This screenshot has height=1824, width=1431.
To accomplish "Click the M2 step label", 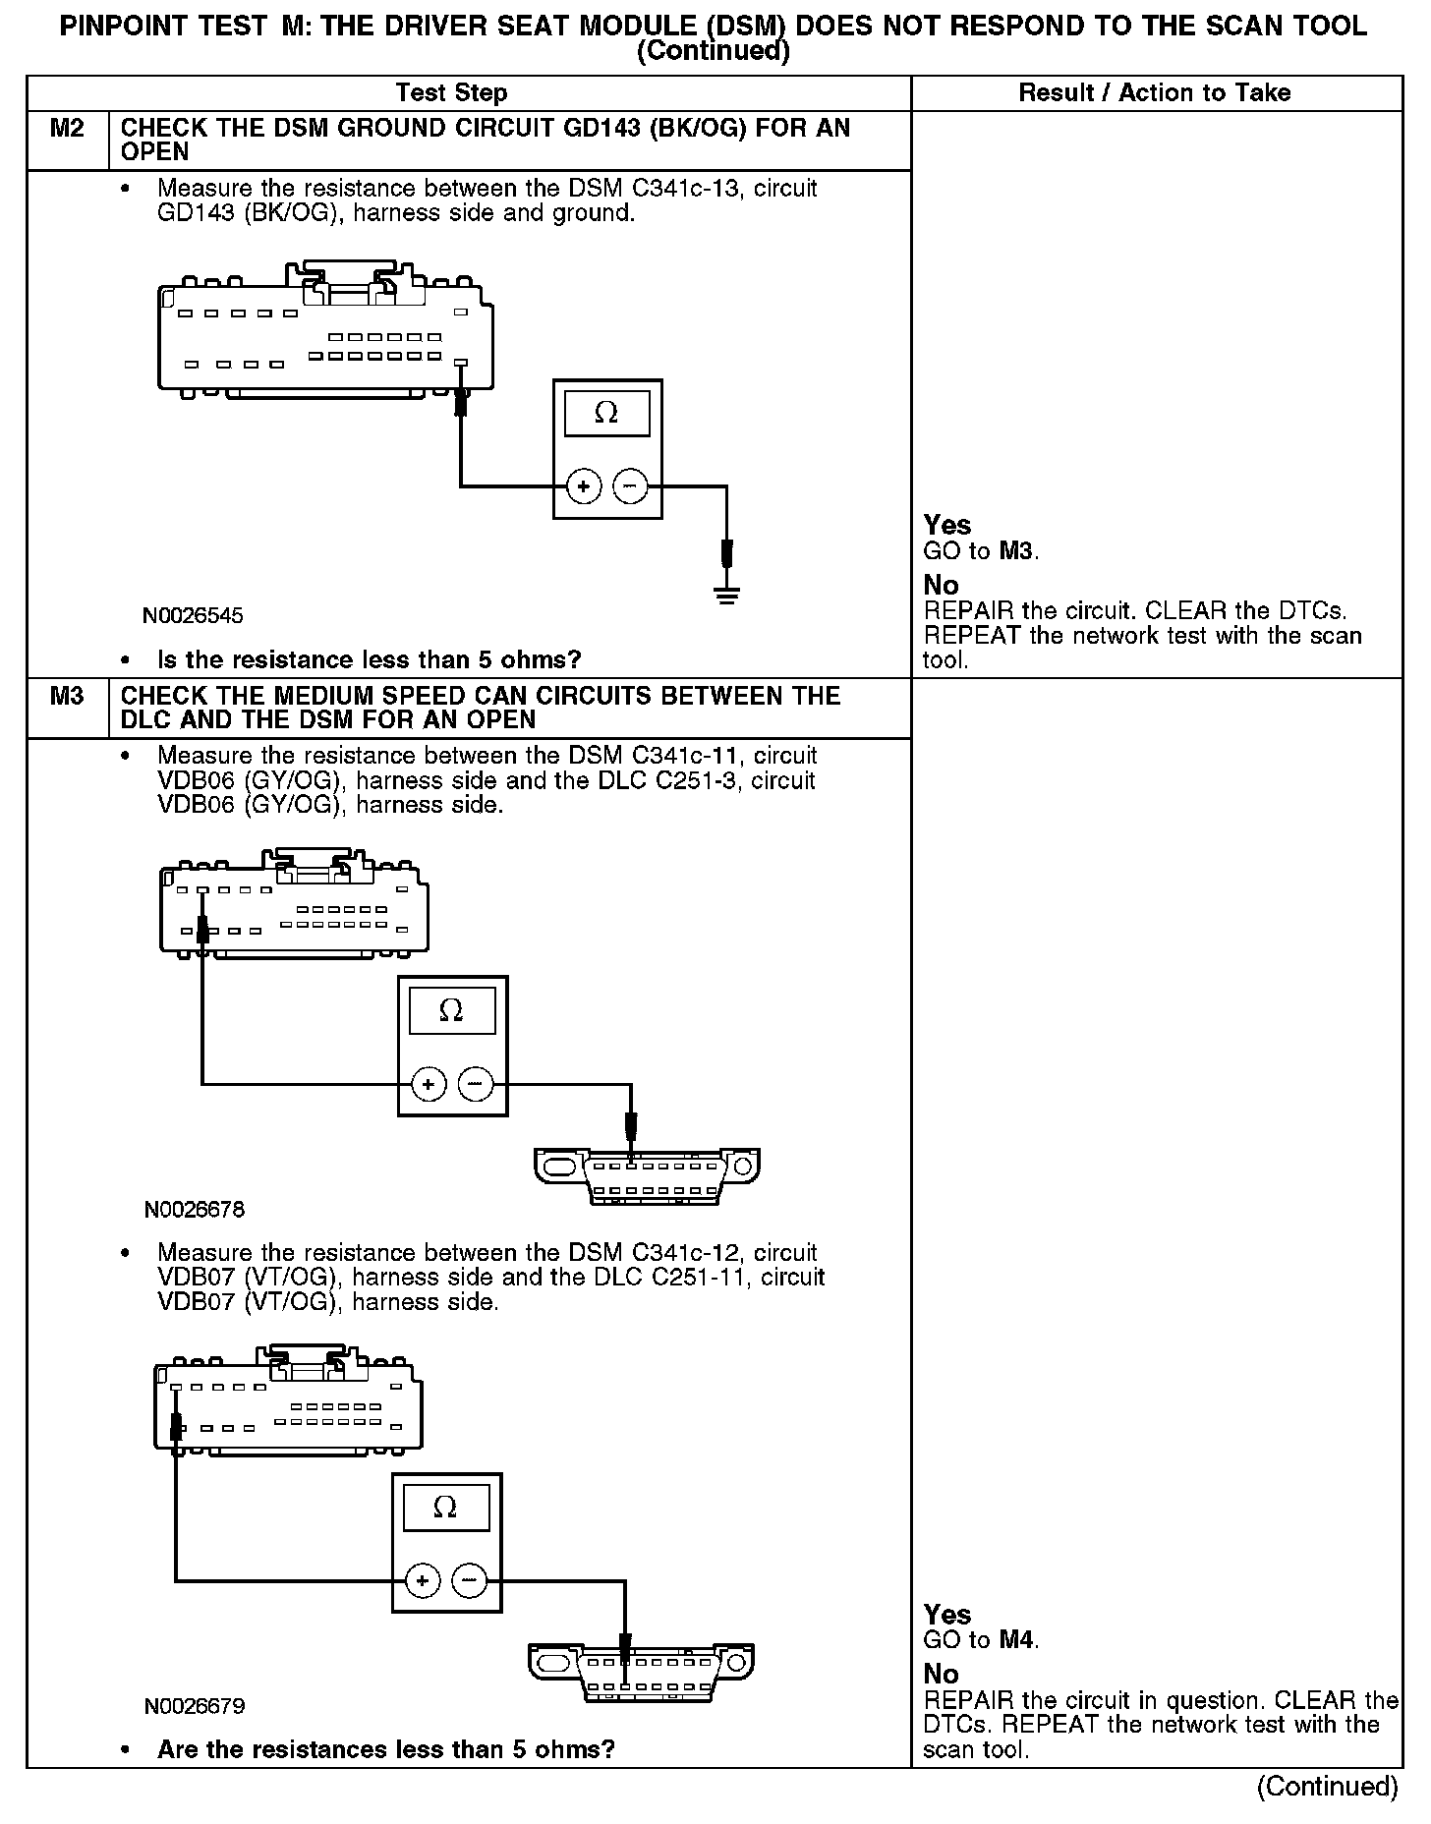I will tap(67, 129).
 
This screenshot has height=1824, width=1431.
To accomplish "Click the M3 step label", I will tap(67, 697).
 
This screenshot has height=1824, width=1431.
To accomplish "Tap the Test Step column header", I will tap(451, 93).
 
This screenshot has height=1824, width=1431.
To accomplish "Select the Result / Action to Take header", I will tap(1155, 93).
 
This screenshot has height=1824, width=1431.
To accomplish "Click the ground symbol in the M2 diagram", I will tap(726, 594).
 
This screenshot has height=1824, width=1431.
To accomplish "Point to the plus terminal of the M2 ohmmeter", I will tap(584, 486).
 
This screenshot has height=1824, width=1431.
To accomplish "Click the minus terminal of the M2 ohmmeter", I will tap(631, 486).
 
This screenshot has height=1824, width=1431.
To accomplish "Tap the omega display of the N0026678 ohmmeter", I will tap(452, 1011).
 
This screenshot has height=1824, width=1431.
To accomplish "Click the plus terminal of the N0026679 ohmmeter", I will tap(423, 1580).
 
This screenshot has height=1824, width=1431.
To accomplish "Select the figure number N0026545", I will tap(193, 616).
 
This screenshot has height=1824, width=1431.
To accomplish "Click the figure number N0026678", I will tap(194, 1210).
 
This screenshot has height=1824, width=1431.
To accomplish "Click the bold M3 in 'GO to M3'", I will tap(1017, 551).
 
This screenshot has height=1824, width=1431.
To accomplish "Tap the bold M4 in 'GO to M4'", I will tap(1017, 1639).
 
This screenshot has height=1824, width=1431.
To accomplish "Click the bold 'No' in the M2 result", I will tap(941, 586).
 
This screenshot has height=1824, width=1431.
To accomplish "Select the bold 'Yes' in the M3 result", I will tap(947, 1615).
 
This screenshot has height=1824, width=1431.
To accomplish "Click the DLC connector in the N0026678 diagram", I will tap(647, 1176).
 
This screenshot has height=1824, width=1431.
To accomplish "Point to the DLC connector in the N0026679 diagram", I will tap(641, 1674).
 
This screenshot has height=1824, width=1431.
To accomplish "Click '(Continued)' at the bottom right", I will tap(1327, 1786).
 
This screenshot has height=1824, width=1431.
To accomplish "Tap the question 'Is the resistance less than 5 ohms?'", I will tap(369, 659).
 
